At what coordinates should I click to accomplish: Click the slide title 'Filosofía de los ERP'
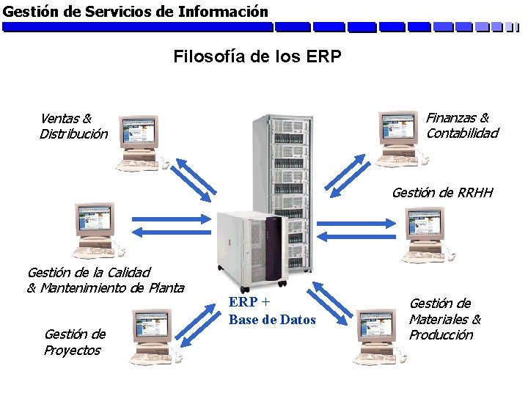tap(257, 56)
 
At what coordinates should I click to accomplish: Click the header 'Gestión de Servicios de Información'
tap(136, 11)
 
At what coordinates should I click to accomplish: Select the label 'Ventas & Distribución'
tap(73, 125)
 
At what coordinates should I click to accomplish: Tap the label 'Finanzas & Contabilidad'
tap(461, 125)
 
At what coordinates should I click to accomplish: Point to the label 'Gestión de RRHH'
tap(442, 193)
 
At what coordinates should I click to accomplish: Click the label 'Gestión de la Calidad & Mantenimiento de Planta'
tap(105, 280)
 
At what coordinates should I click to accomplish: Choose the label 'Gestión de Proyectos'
tap(74, 342)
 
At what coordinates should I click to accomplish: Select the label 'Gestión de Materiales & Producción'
tap(444, 319)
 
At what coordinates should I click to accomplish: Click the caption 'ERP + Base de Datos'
tap(271, 311)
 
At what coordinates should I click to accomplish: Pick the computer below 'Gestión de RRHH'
tap(427, 233)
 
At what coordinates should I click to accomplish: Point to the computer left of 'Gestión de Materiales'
tap(379, 337)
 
